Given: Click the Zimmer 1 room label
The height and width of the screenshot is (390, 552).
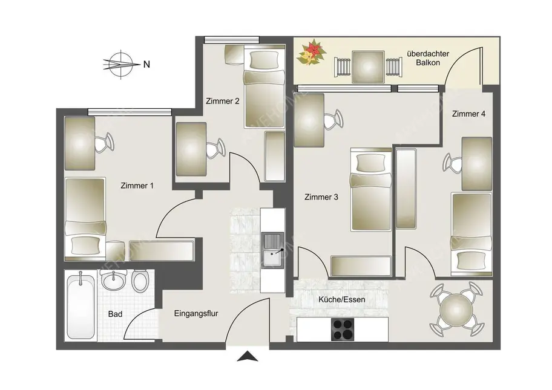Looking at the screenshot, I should (x=136, y=186).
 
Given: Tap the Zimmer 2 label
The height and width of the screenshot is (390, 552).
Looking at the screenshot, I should (x=223, y=101).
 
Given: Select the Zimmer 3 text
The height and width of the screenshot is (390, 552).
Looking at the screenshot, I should (x=321, y=197).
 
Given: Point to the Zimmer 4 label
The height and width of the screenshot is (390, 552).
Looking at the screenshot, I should (x=468, y=114).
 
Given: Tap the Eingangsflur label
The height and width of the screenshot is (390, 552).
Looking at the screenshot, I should (x=195, y=314).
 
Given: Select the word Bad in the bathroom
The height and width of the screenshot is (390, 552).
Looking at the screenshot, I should (x=115, y=314).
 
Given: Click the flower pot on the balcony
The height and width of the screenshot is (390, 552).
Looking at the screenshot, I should (x=310, y=53).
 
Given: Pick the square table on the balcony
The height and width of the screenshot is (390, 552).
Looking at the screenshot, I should (x=368, y=66).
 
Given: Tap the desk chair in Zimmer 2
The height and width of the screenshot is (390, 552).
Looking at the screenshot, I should (x=215, y=148).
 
